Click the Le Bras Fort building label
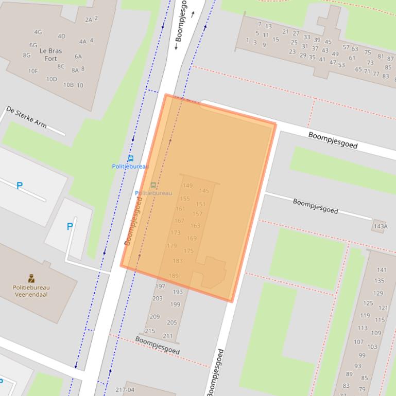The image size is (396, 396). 50,55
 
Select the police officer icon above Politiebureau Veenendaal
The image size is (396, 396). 31,278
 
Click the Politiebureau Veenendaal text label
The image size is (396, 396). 31,291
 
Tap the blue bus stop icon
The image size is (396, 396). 131,158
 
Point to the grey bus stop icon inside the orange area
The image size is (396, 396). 153,185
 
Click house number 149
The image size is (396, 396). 187,186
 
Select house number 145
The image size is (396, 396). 204,191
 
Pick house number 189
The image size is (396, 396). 174,276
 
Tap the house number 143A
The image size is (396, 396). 381,226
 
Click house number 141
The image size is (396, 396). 381,269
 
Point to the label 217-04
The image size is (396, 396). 125,390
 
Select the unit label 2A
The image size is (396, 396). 89,20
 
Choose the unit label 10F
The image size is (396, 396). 33,71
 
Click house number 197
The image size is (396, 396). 160,286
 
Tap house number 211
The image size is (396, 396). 168,336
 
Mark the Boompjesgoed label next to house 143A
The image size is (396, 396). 316,206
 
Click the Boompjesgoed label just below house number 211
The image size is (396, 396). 158,345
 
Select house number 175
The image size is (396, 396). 188,251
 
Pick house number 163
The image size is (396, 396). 195,226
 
